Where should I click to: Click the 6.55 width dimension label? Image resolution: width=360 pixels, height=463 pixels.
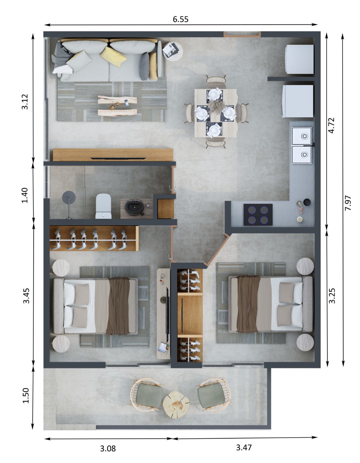[180, 19]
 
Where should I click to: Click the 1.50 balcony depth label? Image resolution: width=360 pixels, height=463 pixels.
[26, 395]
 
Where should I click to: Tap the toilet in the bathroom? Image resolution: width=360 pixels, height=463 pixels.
[103, 206]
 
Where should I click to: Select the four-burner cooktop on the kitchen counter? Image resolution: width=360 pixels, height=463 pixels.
[258, 214]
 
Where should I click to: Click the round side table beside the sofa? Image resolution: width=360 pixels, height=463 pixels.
[173, 51]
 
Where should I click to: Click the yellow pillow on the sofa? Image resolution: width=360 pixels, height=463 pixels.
[113, 56]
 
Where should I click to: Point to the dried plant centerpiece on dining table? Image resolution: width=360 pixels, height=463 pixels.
[216, 106]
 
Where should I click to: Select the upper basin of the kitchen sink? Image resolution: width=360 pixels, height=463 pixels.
[301, 136]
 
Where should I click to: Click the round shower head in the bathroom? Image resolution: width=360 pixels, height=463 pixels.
[69, 197]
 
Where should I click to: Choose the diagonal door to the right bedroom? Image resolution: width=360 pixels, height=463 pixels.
[216, 250]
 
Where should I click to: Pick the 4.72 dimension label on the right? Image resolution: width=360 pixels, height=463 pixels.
[331, 126]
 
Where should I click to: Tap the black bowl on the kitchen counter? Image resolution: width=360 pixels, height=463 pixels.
[307, 202]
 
